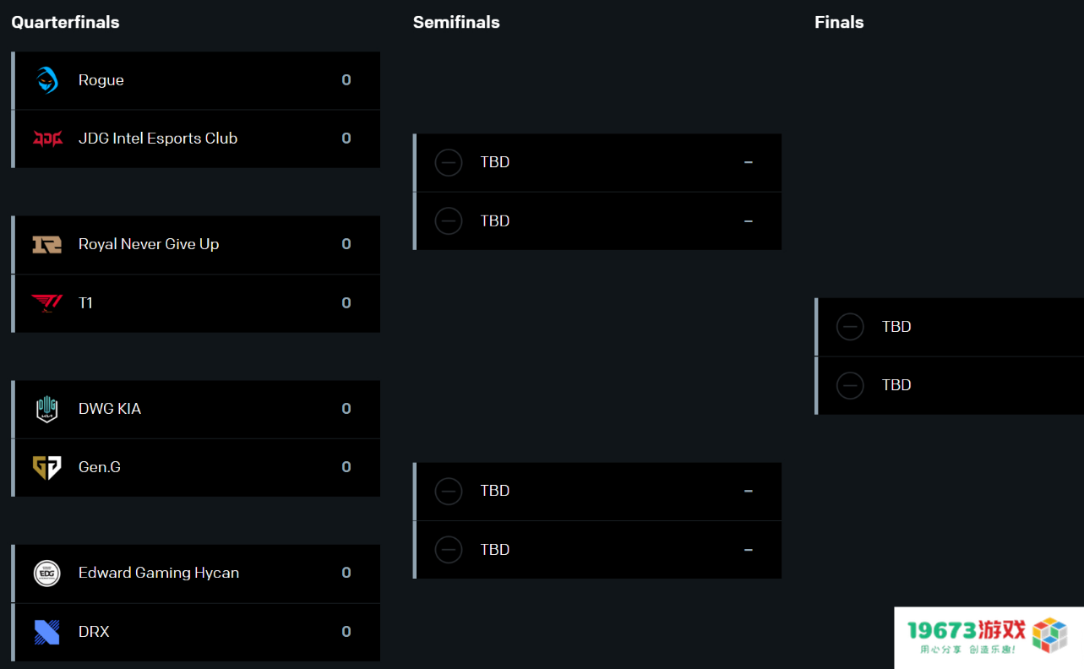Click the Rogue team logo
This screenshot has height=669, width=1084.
(x=47, y=79)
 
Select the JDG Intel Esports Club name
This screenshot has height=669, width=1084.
(x=158, y=139)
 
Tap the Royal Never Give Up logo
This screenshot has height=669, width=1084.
(x=47, y=244)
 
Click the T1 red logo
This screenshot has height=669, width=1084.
(x=47, y=303)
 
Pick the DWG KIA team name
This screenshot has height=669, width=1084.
(x=109, y=409)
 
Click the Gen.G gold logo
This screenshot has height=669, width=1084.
(x=47, y=467)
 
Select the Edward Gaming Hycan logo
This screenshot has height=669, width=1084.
(x=47, y=574)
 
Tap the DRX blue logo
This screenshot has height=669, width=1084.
(x=47, y=632)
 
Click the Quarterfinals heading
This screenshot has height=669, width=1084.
(x=65, y=22)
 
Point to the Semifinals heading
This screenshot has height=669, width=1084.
(x=456, y=22)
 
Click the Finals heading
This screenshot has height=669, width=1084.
(x=839, y=22)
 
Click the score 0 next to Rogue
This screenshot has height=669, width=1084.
(x=346, y=79)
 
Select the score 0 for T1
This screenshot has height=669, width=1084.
(x=346, y=302)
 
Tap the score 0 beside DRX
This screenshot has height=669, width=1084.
(x=346, y=631)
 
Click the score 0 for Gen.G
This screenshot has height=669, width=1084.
(x=346, y=467)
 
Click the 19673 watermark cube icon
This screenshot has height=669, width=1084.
(x=1049, y=634)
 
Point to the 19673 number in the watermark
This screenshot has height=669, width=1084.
(x=942, y=630)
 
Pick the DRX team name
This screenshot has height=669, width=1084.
(x=94, y=632)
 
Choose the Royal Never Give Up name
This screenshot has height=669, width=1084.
(x=149, y=244)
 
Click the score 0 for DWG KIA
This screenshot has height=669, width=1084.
(x=346, y=409)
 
